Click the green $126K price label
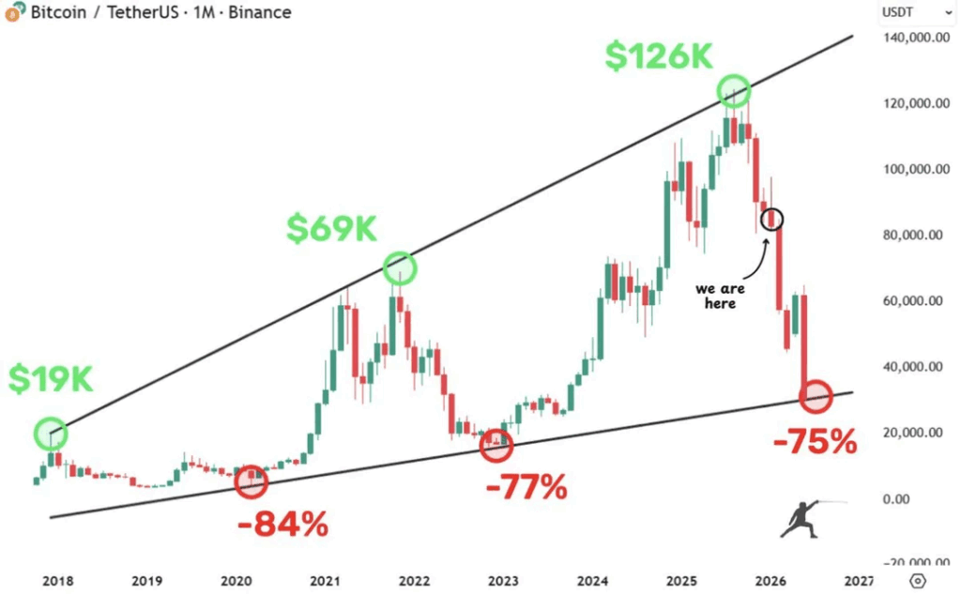click(659, 55)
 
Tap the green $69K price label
click(332, 228)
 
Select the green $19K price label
click(51, 378)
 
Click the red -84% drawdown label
click(283, 524)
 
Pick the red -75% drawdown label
click(815, 441)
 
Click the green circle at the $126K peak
click(735, 91)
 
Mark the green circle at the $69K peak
click(400, 268)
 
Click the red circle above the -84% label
click(251, 481)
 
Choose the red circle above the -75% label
click(816, 396)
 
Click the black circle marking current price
click(772, 220)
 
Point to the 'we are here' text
click(721, 296)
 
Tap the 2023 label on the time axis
click(503, 581)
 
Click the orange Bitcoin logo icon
click(13, 12)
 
